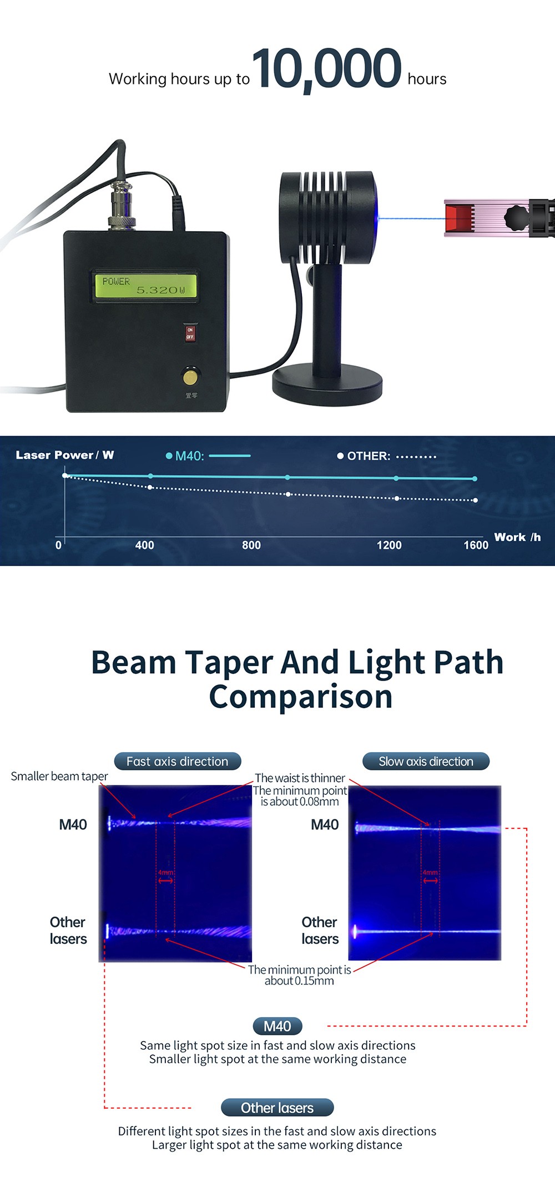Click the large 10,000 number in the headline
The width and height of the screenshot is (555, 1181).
click(x=326, y=68)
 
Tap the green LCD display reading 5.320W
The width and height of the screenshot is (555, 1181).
click(x=144, y=286)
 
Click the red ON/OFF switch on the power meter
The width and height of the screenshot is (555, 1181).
click(x=190, y=333)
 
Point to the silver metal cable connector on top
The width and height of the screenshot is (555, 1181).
click(x=122, y=206)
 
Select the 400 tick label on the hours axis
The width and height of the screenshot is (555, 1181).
click(x=144, y=545)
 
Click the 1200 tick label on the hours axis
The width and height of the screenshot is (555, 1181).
click(x=389, y=545)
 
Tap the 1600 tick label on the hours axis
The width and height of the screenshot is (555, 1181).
click(x=476, y=545)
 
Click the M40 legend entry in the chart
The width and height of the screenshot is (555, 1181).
click(x=208, y=456)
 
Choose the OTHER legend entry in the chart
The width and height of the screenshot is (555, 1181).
click(x=386, y=456)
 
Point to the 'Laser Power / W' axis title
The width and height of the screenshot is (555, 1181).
click(x=65, y=455)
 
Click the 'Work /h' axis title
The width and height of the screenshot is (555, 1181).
click(x=517, y=537)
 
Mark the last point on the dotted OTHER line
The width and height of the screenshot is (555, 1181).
click(x=475, y=500)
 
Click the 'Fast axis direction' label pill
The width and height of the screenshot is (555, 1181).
click(x=178, y=761)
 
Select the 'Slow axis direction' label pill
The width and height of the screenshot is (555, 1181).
click(x=426, y=761)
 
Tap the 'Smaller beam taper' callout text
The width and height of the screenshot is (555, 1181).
click(x=59, y=776)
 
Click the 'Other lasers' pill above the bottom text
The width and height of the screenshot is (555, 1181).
click(x=277, y=1108)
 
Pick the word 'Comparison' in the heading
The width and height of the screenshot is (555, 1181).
click(x=301, y=697)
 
